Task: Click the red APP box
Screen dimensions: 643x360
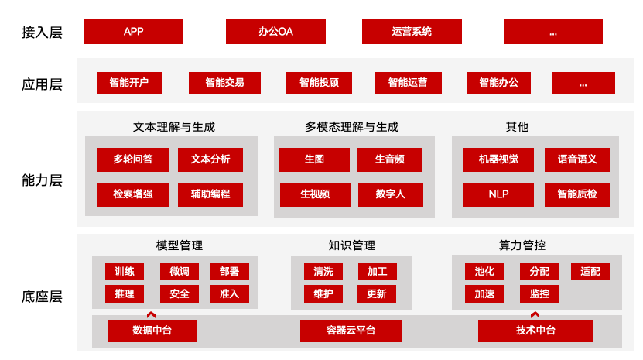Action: click(x=134, y=32)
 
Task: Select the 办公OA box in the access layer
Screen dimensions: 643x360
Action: click(x=275, y=32)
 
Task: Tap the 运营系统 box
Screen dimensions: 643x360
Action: click(x=412, y=32)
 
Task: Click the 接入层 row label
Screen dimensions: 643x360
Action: click(x=42, y=32)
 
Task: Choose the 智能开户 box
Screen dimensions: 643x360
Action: click(x=129, y=83)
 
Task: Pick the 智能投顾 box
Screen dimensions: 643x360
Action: click(x=319, y=83)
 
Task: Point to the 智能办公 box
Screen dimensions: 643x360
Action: click(x=499, y=83)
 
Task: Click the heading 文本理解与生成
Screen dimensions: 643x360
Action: click(x=174, y=127)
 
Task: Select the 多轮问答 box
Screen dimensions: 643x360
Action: click(x=133, y=159)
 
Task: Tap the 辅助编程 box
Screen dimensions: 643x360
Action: click(x=210, y=194)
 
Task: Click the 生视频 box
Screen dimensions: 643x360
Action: click(x=315, y=194)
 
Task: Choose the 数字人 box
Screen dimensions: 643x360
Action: click(x=391, y=194)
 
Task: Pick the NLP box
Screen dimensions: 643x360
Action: click(x=498, y=194)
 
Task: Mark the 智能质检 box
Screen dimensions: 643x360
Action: click(x=577, y=194)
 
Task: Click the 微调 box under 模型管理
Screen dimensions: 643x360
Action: click(x=180, y=272)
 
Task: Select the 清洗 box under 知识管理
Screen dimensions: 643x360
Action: click(x=323, y=272)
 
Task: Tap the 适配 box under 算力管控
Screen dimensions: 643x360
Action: click(x=590, y=272)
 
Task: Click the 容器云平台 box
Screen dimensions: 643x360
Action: click(x=351, y=331)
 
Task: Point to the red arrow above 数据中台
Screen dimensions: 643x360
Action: click(x=152, y=315)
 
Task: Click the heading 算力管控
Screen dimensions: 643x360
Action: click(x=522, y=245)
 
